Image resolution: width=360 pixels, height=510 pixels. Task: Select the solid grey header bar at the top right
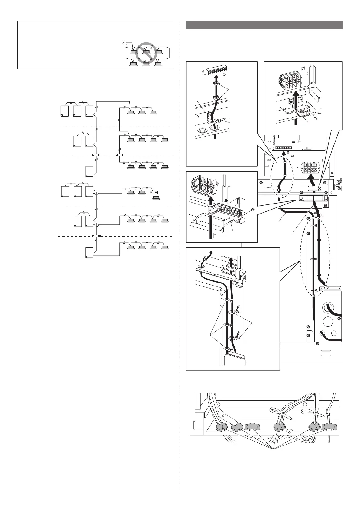(264, 25)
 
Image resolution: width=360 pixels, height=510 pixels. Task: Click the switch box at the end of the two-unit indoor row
(154, 192)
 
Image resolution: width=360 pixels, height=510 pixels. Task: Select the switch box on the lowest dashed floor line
(96, 236)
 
